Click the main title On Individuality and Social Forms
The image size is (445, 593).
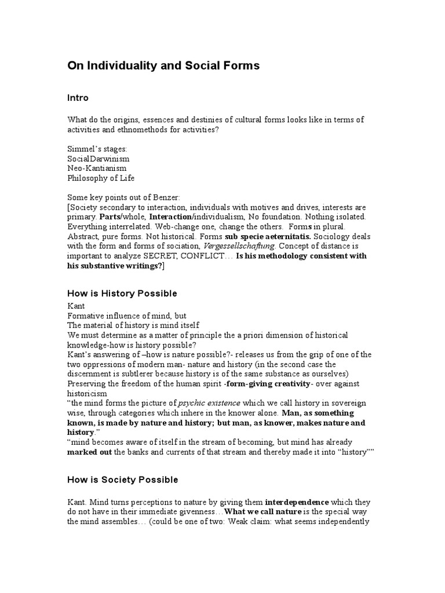(x=163, y=66)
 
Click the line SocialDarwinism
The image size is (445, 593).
(x=99, y=158)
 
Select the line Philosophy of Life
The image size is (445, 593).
(x=101, y=177)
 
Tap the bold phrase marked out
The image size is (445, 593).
(x=90, y=451)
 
